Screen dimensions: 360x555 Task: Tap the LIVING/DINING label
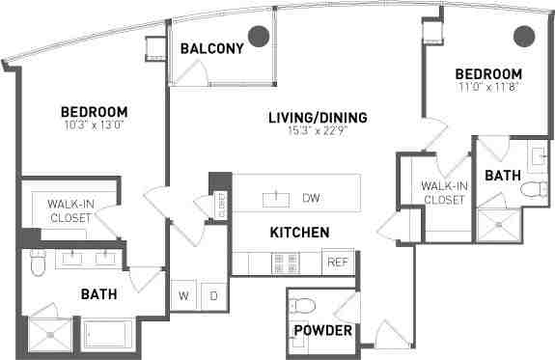pyautogui.click(x=318, y=119)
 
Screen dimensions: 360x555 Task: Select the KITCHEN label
pyautogui.click(x=299, y=233)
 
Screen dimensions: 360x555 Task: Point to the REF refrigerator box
pyautogui.click(x=338, y=262)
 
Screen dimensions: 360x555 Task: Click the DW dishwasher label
pyautogui.click(x=311, y=198)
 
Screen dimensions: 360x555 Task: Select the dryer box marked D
pyautogui.click(x=213, y=296)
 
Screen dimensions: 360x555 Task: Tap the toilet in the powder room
pyautogui.click(x=305, y=307)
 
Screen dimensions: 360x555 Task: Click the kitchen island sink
pyautogui.click(x=277, y=198)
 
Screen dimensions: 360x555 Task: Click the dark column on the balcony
pyautogui.click(x=258, y=37)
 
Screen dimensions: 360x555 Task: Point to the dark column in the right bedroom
pyautogui.click(x=523, y=37)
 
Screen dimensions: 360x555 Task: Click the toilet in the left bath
pyautogui.click(x=39, y=260)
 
